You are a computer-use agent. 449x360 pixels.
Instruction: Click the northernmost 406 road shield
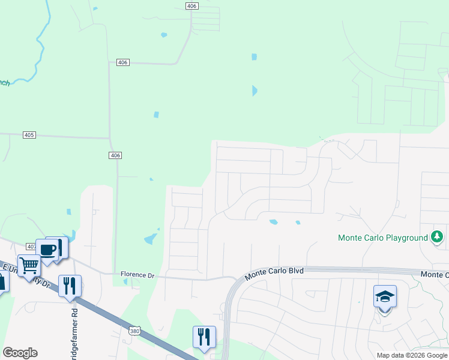click(191, 6)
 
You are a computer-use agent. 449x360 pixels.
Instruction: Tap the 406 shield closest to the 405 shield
click(116, 155)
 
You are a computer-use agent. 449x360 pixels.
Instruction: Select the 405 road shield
click(29, 135)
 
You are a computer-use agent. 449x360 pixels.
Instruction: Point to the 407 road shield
click(32, 247)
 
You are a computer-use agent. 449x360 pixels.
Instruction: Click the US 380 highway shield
click(134, 331)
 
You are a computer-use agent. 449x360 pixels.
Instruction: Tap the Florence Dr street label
click(137, 275)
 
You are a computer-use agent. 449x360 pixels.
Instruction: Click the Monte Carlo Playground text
click(382, 238)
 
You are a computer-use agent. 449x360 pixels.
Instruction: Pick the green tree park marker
click(437, 237)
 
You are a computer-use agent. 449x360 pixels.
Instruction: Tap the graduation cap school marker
click(385, 297)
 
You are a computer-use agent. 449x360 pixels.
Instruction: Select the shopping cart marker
click(29, 265)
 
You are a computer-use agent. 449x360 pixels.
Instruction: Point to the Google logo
click(20, 353)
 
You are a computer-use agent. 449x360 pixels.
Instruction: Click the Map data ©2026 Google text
click(411, 355)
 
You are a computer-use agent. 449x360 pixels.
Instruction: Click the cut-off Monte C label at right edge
click(435, 275)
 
